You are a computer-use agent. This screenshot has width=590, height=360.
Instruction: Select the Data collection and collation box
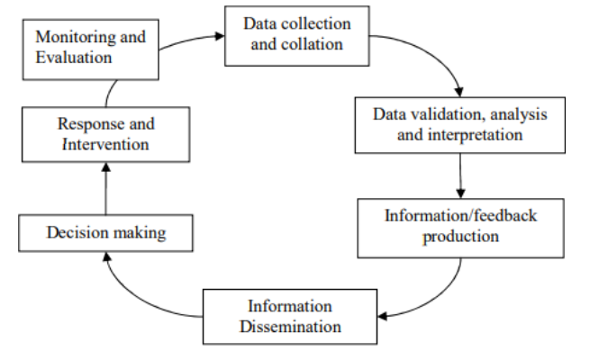298,35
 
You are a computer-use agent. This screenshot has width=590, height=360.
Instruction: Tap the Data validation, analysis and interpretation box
460,125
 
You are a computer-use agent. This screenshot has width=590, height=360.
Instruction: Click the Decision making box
106,234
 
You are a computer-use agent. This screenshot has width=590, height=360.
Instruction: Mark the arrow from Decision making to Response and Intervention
105,189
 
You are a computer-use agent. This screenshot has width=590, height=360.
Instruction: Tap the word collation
314,44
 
